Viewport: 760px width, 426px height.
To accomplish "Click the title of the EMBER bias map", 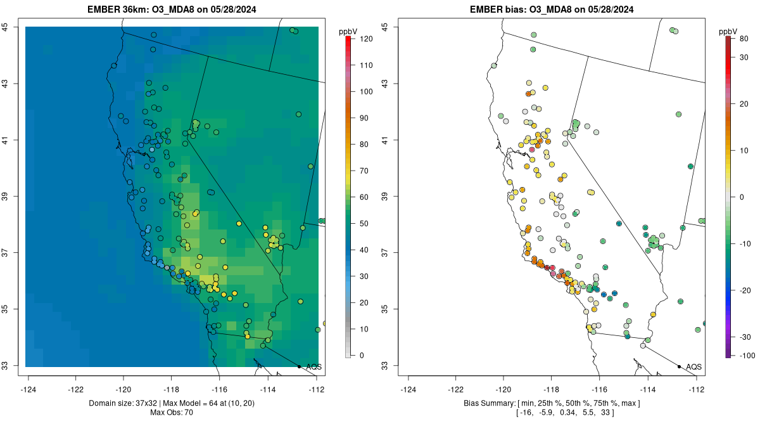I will coord(551,10).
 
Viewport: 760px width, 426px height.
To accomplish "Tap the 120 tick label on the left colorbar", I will coord(365,39).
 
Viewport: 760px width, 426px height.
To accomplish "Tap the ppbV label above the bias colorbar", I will coord(728,31).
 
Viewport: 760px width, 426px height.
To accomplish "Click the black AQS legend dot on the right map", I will coord(678,366).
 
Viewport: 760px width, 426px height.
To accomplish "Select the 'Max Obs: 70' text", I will coord(172,413).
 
